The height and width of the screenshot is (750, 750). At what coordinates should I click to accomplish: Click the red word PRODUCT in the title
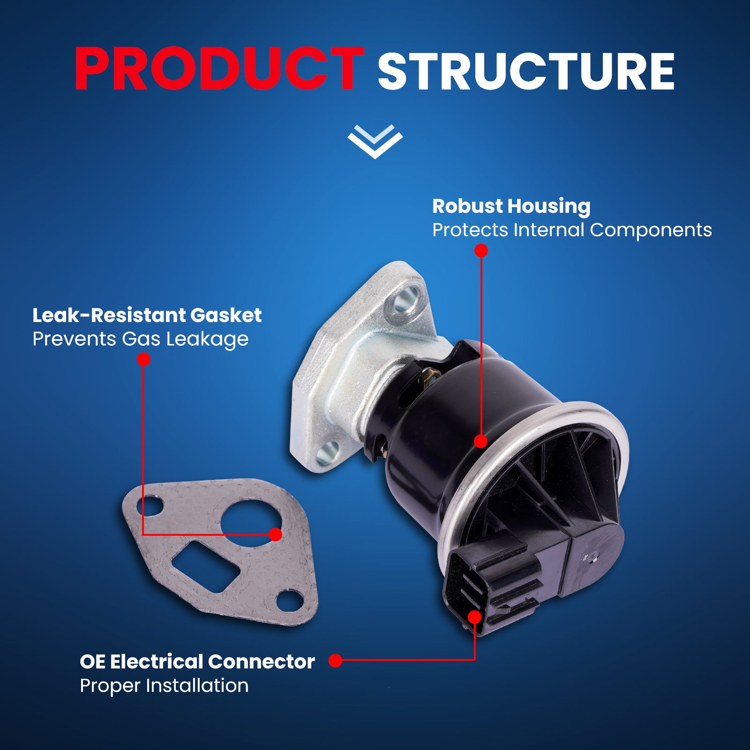(x=219, y=69)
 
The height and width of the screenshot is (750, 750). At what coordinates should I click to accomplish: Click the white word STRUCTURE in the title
(x=525, y=71)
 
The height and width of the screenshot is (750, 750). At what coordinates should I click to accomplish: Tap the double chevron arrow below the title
(x=375, y=141)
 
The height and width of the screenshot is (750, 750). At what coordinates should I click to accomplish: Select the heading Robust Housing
(x=511, y=206)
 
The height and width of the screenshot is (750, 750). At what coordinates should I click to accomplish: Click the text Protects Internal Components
(x=571, y=230)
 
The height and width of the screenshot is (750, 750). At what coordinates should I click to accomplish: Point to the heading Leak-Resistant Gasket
(x=147, y=315)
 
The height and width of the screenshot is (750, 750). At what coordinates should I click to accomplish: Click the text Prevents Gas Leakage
(x=140, y=339)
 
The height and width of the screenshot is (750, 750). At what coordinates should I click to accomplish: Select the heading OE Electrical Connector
(x=197, y=662)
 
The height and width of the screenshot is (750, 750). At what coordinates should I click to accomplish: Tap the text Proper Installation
(x=164, y=686)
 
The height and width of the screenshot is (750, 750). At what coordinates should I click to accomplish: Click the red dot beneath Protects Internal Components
(x=481, y=251)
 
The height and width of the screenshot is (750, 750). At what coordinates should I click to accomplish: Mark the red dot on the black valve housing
(x=480, y=441)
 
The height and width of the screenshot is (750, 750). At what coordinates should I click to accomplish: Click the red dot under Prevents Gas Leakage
(x=143, y=360)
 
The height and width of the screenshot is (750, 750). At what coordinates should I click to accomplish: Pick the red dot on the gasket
(x=276, y=534)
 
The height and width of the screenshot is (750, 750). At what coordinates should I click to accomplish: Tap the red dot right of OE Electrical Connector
(x=335, y=660)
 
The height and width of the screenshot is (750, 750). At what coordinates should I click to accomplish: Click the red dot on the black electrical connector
(x=475, y=617)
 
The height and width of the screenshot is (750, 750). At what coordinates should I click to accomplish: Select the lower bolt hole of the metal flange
(x=328, y=452)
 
